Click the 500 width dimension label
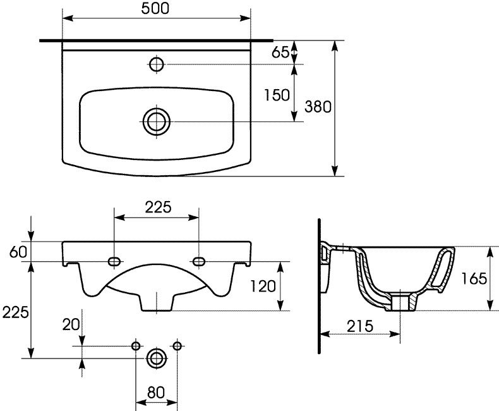click(155, 9)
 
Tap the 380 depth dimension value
click(318, 107)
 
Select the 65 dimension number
click(280, 52)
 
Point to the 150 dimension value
click(277, 95)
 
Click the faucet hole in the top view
click(157, 64)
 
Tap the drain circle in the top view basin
click(157, 121)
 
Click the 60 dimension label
click(18, 252)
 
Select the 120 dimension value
click(263, 286)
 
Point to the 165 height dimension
click(474, 279)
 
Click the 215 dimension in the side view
click(359, 326)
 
